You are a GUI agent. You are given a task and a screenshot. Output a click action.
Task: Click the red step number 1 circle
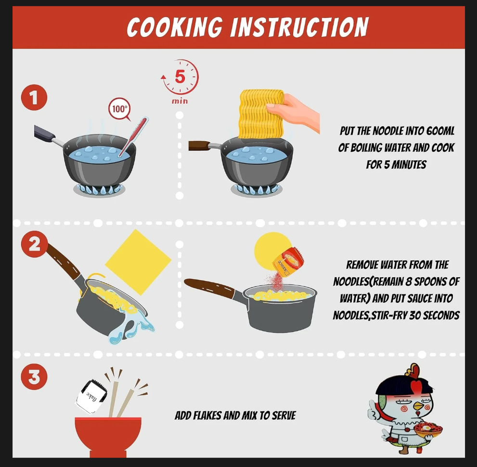[x=34, y=98]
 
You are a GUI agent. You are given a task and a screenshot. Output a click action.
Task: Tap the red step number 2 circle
[x=34, y=244]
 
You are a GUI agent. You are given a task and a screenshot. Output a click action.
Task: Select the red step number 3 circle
[x=34, y=377]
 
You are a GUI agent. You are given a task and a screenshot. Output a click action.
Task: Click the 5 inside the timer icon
[x=180, y=76]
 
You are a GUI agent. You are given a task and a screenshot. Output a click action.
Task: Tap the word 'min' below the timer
[x=180, y=101]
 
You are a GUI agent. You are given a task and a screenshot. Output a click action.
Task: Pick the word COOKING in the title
[x=175, y=27]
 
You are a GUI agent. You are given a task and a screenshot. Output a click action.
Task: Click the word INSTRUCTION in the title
[x=299, y=27]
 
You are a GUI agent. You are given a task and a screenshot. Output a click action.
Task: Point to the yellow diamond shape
[x=138, y=262]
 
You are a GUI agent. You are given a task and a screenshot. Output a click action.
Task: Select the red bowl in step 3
[x=108, y=436]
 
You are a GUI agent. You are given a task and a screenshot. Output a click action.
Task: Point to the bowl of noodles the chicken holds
[x=428, y=430]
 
